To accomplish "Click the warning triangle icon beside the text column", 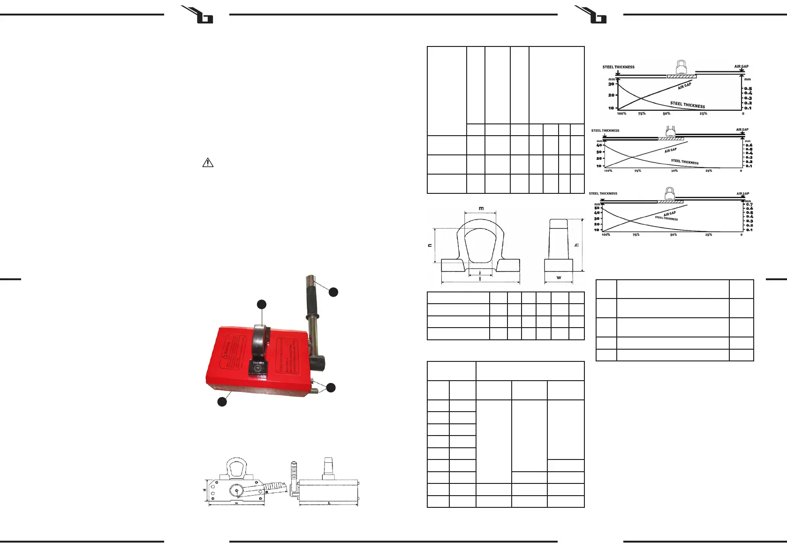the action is (207, 163).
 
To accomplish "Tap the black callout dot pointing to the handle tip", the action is (333, 292).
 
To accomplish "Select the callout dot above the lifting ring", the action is (261, 305).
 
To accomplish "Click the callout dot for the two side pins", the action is (331, 388).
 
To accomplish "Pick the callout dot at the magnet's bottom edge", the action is (222, 402).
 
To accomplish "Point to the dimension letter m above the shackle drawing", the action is (481, 208).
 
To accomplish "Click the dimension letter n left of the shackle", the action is (430, 245).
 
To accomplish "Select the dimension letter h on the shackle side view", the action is (577, 245).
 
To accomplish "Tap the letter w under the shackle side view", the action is (559, 278).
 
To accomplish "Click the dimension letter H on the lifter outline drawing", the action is (204, 490).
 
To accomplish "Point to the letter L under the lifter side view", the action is (329, 504).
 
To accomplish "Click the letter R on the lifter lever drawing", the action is (266, 493).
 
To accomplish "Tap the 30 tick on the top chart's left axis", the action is (611, 84).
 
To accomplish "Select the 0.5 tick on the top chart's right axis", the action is (748, 89).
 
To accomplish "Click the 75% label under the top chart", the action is (642, 114).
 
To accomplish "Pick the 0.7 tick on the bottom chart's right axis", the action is (749, 205).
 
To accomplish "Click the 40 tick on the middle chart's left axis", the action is (599, 145).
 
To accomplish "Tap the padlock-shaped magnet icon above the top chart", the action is (681, 67).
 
